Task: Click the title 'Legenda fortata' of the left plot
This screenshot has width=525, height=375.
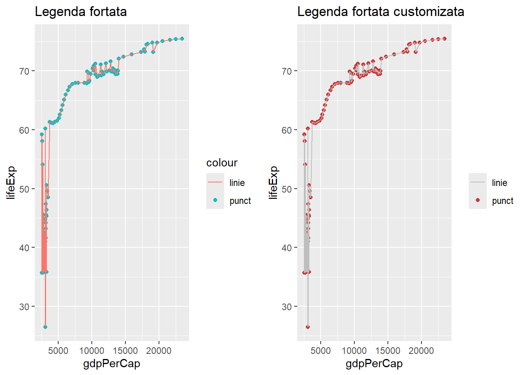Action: coord(81,12)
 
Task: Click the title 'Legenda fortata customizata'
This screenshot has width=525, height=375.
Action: coord(380,12)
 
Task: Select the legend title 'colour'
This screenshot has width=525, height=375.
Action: coord(222,163)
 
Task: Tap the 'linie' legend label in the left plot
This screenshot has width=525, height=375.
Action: coord(237,183)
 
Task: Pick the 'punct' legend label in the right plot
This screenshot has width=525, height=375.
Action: coord(502,201)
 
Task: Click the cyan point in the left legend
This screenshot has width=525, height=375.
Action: coord(215,200)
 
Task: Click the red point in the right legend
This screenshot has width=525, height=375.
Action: coord(478,200)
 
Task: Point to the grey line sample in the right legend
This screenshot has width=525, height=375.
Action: coord(478,182)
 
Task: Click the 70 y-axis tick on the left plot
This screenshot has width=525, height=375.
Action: coord(24,71)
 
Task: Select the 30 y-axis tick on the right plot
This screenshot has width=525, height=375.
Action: coord(287,307)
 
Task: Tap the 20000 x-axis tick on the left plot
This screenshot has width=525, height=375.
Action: coord(159,351)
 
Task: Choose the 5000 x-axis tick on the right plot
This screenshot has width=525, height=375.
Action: coord(321,351)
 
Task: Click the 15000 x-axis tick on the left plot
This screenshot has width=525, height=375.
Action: coord(125,351)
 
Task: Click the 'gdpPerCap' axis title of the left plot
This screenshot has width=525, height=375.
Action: coord(112,364)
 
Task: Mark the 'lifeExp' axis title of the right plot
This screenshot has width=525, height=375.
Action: coord(273,182)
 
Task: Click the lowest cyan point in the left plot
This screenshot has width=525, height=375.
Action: coord(45,327)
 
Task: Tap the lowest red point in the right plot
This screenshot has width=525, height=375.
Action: coord(308,327)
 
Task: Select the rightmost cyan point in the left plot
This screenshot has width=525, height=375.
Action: coord(182,39)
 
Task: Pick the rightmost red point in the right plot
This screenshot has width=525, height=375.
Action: coord(445,39)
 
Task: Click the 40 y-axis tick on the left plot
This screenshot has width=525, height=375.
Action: coord(24,248)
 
